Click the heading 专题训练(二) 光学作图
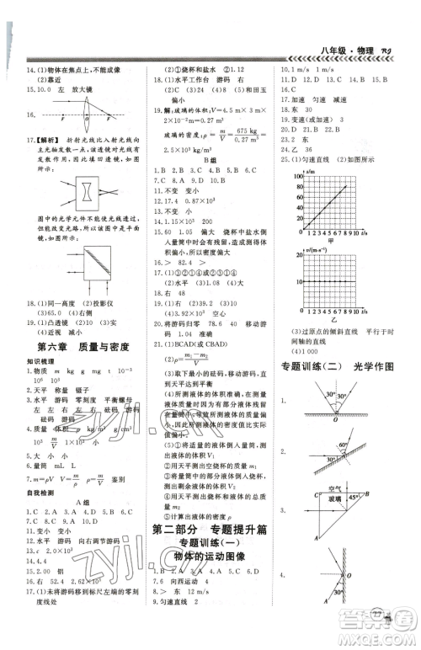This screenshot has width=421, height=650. pyautogui.click(x=349, y=366)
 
